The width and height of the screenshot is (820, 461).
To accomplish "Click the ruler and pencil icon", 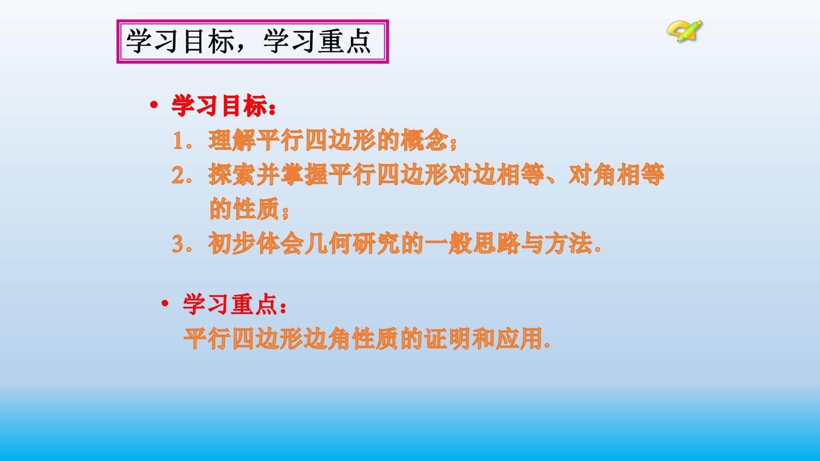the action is (684, 31).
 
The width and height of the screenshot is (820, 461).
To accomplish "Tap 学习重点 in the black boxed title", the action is (317, 42).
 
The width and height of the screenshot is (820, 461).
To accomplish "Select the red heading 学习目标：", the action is (224, 105).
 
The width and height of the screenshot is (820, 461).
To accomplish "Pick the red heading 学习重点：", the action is (235, 305).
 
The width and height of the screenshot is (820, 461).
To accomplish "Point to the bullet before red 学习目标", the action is (154, 105).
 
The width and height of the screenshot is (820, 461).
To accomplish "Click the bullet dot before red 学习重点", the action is (165, 304).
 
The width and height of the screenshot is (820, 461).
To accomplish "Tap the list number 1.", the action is (178, 141).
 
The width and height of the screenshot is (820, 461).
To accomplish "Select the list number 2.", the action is (178, 175).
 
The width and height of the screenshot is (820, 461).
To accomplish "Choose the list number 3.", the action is (178, 245).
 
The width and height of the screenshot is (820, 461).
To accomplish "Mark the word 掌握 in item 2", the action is (304, 175).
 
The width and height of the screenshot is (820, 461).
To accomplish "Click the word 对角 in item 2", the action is (592, 175).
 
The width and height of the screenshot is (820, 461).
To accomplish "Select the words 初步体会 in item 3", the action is (256, 244).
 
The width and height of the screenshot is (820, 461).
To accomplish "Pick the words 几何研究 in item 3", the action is (352, 244).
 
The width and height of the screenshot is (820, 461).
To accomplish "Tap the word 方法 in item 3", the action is (568, 244).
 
